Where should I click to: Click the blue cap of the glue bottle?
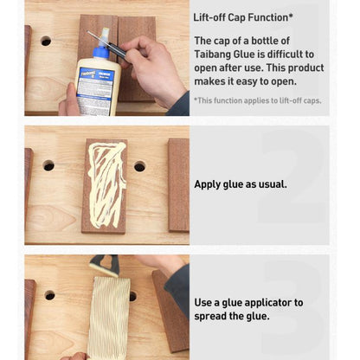(100, 53)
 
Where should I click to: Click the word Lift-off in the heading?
(209, 17)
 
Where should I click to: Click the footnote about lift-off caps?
(257, 100)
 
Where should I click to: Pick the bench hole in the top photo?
(46, 41)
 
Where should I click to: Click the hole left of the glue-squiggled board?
(48, 165)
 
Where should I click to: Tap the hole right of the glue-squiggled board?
(139, 166)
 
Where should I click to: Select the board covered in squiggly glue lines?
(105, 186)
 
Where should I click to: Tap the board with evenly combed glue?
(108, 318)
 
